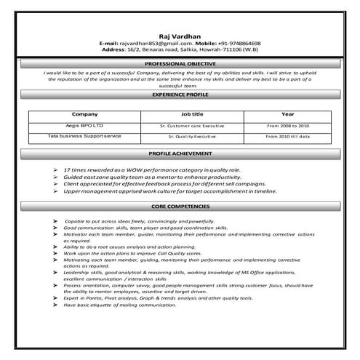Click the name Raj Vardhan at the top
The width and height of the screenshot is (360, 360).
point(180,36)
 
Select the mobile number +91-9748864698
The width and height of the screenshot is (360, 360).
point(236,44)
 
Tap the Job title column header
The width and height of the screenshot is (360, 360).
point(193,114)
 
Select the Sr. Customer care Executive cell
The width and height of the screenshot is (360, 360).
point(193,126)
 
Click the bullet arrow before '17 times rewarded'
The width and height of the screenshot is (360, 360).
point(55,168)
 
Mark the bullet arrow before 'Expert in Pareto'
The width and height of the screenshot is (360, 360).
point(55,297)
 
